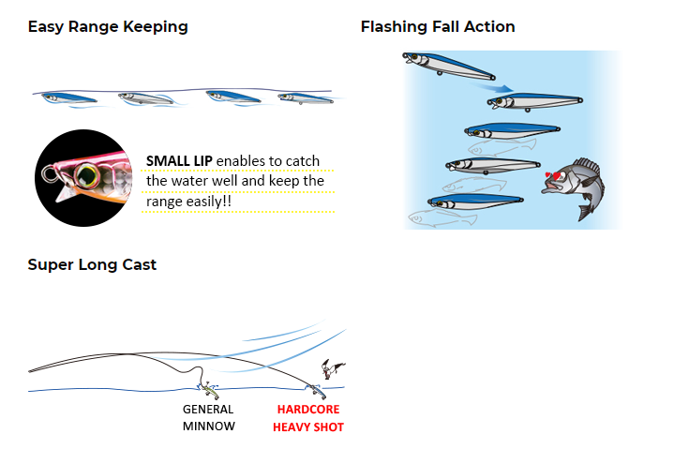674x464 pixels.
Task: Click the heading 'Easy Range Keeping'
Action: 108,26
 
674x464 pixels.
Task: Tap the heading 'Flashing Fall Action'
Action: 438,26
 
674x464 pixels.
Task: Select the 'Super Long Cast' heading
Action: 92,264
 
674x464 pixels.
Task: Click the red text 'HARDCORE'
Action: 308,410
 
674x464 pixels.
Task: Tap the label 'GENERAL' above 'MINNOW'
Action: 208,410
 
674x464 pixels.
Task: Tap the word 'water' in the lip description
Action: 193,181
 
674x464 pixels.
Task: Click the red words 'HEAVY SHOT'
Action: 308,427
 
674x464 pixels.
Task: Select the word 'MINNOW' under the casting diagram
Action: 208,427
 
